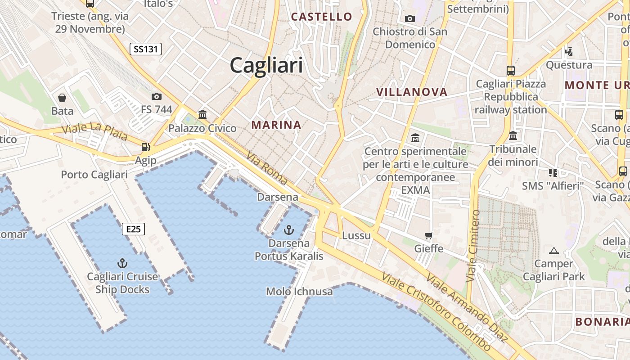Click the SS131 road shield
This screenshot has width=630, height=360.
coord(145,49)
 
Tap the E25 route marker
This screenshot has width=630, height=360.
coord(133,229)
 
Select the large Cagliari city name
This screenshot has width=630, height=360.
coord(266,66)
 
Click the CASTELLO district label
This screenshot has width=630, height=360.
coord(321,17)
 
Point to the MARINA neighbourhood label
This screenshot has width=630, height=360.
coord(276,125)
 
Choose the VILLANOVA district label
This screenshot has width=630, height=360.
coord(412,92)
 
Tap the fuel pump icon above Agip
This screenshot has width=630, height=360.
coord(145,147)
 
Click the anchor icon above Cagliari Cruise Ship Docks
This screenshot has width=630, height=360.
coord(122,263)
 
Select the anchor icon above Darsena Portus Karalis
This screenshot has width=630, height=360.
coord(288,230)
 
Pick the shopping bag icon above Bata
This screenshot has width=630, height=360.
coord(62,98)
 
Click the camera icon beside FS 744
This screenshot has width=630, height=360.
coord(157,96)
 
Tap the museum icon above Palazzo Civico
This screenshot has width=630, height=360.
coord(202,114)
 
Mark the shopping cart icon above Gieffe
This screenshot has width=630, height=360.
coord(429,235)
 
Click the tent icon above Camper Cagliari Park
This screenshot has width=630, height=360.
coord(554,251)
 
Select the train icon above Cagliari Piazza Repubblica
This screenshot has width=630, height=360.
coord(511,71)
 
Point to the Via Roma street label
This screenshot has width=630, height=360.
coord(267,168)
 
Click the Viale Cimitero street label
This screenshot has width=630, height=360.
coord(474,246)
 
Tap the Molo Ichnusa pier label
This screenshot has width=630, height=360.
coord(299,292)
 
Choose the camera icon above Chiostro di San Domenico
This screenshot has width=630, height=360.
coord(409,18)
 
